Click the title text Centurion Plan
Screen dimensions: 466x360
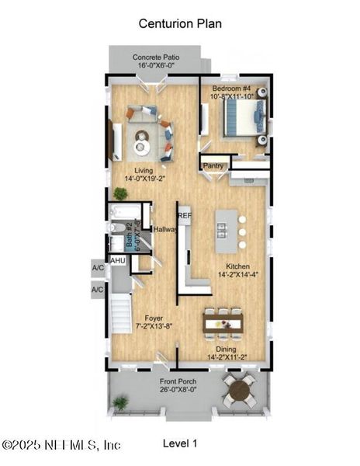point(180,23)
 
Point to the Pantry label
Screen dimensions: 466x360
point(213,165)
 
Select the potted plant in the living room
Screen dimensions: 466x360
point(120,193)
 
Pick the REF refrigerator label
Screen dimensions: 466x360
point(185,215)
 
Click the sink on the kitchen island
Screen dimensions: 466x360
point(222,229)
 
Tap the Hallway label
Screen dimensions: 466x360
point(165,230)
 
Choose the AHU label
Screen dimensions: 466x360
point(118,261)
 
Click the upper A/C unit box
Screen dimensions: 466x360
point(98,269)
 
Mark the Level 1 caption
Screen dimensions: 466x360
point(180,443)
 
